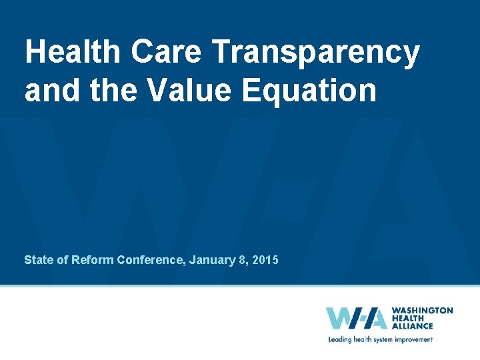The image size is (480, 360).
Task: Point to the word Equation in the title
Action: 309,91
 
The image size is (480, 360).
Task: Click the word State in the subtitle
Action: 37,259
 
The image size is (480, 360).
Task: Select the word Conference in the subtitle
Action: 151,259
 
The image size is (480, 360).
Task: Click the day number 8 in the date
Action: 241,259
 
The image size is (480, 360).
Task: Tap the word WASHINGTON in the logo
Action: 422,311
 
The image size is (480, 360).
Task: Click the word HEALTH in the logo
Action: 408,318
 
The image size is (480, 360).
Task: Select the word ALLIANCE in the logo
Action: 412,326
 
